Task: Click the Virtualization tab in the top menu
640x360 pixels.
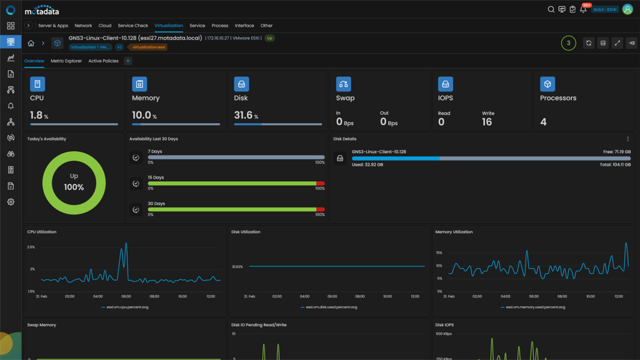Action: tap(169, 26)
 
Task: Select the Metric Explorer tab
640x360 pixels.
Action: tap(66, 61)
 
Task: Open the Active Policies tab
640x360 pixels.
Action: tap(103, 61)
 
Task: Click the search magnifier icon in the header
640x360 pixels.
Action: tap(551, 9)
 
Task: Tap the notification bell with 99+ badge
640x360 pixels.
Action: tap(583, 9)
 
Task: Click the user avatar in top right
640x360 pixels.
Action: tap(627, 9)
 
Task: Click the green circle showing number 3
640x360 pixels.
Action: tap(568, 43)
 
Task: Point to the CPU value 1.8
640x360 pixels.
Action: tap(36, 115)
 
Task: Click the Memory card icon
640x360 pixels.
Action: tap(139, 84)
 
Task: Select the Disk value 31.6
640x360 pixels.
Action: tap(243, 115)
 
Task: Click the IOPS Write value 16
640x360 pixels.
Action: tap(487, 122)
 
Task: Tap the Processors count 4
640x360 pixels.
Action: tap(543, 122)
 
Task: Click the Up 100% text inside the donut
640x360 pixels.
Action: tap(74, 182)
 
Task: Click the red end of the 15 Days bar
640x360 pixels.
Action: tap(321, 183)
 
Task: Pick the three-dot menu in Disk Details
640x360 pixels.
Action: tap(627, 139)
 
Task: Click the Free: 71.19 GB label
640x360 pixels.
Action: tap(616, 151)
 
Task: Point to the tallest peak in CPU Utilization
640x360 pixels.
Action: tap(126, 244)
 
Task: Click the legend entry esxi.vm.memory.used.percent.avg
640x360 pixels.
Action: tap(535, 307)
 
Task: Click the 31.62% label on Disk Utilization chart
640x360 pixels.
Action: tap(237, 266)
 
